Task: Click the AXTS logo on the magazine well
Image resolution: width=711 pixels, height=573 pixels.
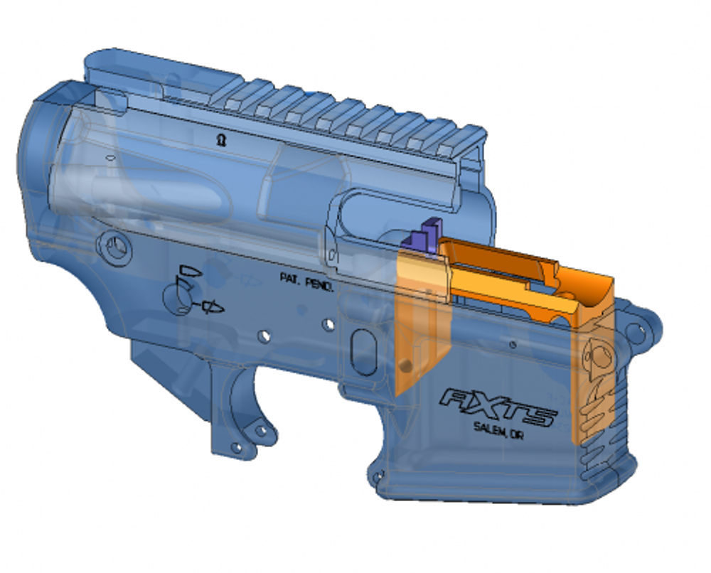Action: [x=498, y=406]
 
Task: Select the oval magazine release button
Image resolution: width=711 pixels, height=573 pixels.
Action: [x=362, y=346]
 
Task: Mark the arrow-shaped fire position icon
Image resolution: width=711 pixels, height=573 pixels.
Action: [x=210, y=306]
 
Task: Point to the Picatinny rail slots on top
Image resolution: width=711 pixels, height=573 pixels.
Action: [x=341, y=107]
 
